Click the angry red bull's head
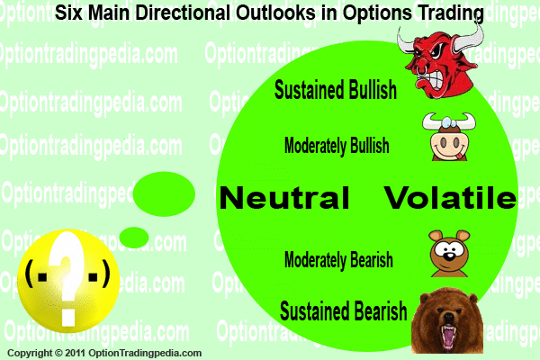coord(441,62)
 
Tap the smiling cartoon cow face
coord(449,137)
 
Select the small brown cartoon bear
coord(449,254)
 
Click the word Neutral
coord(284,197)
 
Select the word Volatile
coord(450,197)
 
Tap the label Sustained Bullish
coord(336,90)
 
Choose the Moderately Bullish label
coord(337,146)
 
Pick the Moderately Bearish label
coord(338,259)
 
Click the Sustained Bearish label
coord(344,310)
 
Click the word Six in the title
coord(69,13)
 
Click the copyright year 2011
coord(76,353)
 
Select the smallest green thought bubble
coord(134,238)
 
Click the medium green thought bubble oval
coord(164,194)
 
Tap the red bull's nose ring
coord(421,71)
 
